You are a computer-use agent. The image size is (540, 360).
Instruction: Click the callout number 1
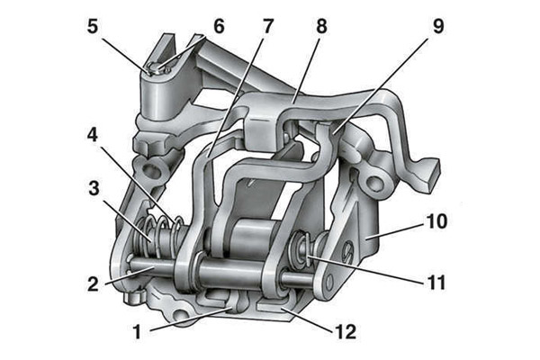coord(138,332)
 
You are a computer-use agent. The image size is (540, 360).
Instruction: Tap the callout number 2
coord(93,284)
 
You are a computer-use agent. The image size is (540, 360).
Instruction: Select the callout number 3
coord(94,188)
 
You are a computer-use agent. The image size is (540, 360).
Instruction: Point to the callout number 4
coord(93,135)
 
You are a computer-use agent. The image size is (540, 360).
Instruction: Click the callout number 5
coord(93,26)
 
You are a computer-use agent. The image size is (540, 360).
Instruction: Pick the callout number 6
coord(219,26)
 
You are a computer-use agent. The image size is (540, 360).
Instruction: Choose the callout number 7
coord(268,26)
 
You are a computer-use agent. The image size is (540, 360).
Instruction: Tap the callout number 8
coord(321,26)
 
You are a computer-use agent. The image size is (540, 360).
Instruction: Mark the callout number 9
coord(438,26)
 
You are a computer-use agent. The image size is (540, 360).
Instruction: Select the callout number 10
coord(436,220)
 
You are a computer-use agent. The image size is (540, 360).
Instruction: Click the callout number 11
coord(436,282)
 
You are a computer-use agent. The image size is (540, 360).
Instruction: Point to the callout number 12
coord(346,332)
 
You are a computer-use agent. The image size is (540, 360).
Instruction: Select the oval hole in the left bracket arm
coord(152,169)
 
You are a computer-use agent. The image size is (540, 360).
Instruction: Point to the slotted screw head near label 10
coord(347,252)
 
